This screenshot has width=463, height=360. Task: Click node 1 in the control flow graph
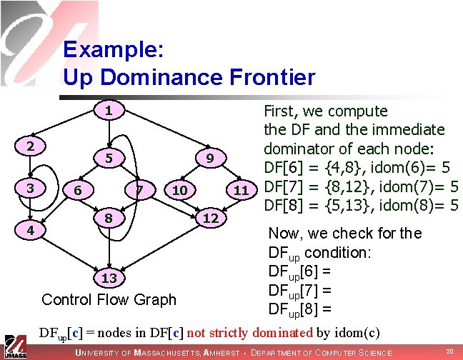point(108,111)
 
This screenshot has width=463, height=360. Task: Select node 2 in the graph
point(29,145)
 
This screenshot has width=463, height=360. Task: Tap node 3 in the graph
point(29,189)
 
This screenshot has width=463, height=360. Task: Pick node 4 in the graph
point(29,231)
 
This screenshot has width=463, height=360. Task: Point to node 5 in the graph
point(108,156)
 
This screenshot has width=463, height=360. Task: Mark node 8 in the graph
point(108,216)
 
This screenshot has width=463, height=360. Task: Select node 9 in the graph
point(210,156)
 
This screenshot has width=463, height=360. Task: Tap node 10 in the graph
point(180,190)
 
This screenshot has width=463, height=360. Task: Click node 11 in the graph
point(241,190)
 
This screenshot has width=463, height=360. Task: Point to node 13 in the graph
point(108,277)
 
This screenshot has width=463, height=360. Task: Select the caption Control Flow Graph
point(109,299)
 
